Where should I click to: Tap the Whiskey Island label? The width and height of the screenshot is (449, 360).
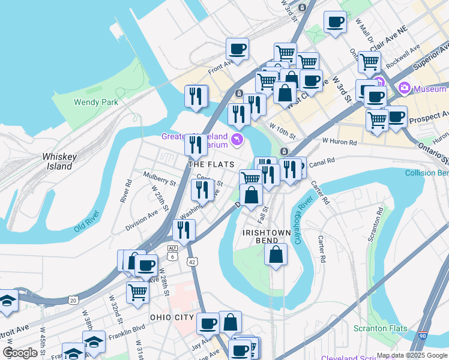[x=59, y=161]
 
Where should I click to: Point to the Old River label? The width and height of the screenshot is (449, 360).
[x=88, y=229]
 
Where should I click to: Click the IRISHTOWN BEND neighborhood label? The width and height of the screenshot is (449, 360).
[x=267, y=236]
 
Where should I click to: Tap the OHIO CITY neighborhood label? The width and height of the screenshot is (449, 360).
[x=172, y=317]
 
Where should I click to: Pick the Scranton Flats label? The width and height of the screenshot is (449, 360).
[x=380, y=328]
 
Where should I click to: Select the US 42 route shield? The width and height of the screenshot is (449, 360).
[x=191, y=262]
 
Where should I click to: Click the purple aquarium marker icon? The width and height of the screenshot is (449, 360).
[x=238, y=140]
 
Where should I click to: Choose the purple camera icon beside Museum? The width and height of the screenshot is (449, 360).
[x=404, y=89]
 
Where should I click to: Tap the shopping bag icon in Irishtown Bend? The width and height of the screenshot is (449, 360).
[x=275, y=254]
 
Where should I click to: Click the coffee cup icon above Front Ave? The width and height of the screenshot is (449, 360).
[x=237, y=49]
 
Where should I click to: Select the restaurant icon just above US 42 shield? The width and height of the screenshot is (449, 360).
[x=184, y=229]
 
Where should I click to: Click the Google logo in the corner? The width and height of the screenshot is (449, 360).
[x=20, y=353]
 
